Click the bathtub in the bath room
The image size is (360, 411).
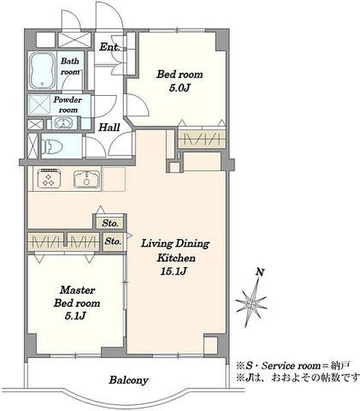[42, 71]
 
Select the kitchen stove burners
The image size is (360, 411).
[49, 178]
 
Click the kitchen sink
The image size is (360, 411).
[87, 179]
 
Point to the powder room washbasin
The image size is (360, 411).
[63, 123]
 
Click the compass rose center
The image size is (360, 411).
[250, 304]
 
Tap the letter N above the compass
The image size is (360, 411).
[259, 272]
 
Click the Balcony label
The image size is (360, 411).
[129, 379]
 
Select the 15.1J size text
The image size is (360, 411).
[174, 271]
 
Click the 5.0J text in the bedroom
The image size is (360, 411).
[179, 88]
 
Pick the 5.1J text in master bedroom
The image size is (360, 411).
[75, 316]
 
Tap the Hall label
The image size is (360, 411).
[109, 127]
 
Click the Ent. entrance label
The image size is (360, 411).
[110, 47]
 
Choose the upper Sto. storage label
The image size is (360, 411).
[110, 223]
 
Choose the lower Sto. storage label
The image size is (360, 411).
[113, 241]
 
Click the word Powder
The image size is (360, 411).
[68, 99]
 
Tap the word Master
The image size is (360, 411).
[77, 290]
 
